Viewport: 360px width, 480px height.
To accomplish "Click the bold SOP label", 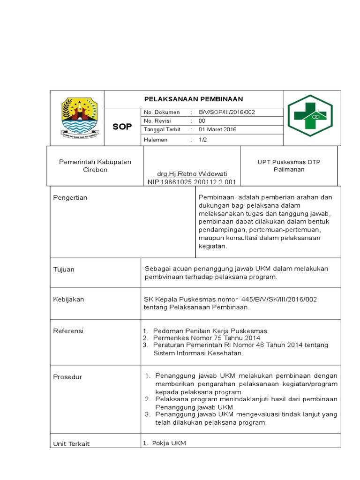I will [x=122, y=127].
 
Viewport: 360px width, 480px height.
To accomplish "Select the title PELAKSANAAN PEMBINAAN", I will [x=193, y=99].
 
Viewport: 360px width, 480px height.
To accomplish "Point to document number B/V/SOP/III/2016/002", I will [x=227, y=112].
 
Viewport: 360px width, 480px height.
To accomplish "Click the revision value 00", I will [x=202, y=120].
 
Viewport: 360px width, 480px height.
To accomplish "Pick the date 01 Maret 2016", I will [x=217, y=129].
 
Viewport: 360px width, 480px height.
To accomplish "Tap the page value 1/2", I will [x=202, y=140].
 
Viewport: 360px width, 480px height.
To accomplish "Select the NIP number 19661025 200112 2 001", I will [x=192, y=182].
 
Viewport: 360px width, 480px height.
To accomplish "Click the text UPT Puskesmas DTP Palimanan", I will [x=289, y=165].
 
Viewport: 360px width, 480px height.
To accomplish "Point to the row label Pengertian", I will [x=70, y=198].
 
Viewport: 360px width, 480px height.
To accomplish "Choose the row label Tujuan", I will [x=64, y=270].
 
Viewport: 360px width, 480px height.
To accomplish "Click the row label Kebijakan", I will [x=68, y=299].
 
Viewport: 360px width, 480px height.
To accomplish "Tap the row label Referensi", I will [x=68, y=331].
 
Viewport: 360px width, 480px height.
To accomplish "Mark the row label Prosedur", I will [x=67, y=377].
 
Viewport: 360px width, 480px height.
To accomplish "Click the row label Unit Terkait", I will [x=71, y=443].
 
